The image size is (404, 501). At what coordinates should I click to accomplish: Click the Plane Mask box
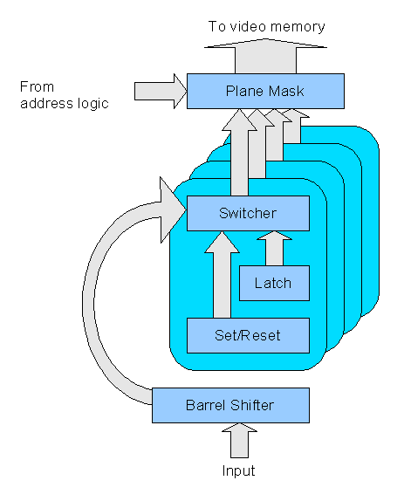pos(265,92)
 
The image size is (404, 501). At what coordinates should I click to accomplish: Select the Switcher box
pos(248,213)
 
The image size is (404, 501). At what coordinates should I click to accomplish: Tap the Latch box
pos(274,283)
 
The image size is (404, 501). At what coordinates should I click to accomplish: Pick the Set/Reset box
pos(248,335)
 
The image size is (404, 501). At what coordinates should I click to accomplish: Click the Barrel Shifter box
pos(230,405)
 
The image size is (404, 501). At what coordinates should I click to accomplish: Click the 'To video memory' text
pos(266,27)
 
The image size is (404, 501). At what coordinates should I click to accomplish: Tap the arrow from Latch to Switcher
pos(274,249)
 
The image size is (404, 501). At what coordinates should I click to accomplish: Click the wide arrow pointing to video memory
pos(266,54)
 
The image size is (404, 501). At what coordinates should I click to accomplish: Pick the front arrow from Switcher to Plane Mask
pos(235,153)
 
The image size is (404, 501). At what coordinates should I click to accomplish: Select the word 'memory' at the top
pos(299,27)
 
